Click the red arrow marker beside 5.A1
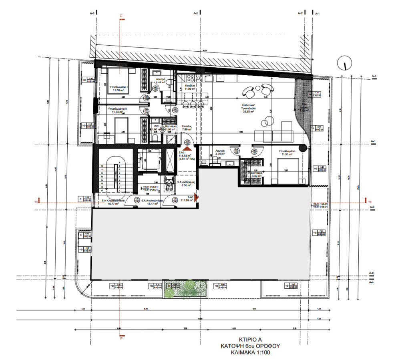coord(196,199)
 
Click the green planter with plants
coord(185,289)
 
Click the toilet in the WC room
coord(155,138)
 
